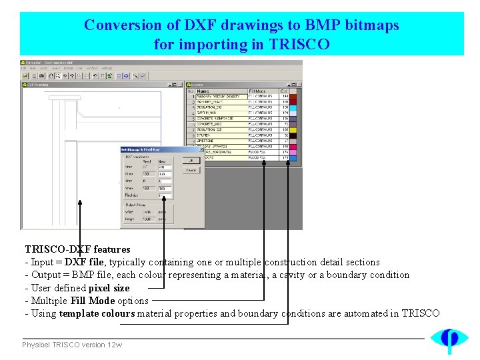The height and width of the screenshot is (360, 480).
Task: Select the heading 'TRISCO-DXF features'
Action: [77, 249]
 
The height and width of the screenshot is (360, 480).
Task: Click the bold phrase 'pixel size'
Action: [109, 288]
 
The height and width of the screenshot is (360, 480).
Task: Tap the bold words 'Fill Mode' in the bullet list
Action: [93, 301]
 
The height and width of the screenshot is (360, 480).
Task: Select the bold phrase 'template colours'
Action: [97, 313]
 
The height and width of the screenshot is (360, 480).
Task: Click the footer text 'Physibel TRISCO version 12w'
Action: [72, 345]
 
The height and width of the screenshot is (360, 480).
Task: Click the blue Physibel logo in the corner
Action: [449, 340]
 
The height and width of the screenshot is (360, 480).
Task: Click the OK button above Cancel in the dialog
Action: [191, 161]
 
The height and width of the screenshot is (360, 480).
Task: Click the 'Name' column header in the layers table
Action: [203, 91]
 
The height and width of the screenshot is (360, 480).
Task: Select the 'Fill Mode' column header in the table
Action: [257, 91]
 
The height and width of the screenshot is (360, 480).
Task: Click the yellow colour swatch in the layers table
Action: [293, 129]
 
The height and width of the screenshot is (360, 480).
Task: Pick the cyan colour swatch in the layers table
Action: [293, 107]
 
